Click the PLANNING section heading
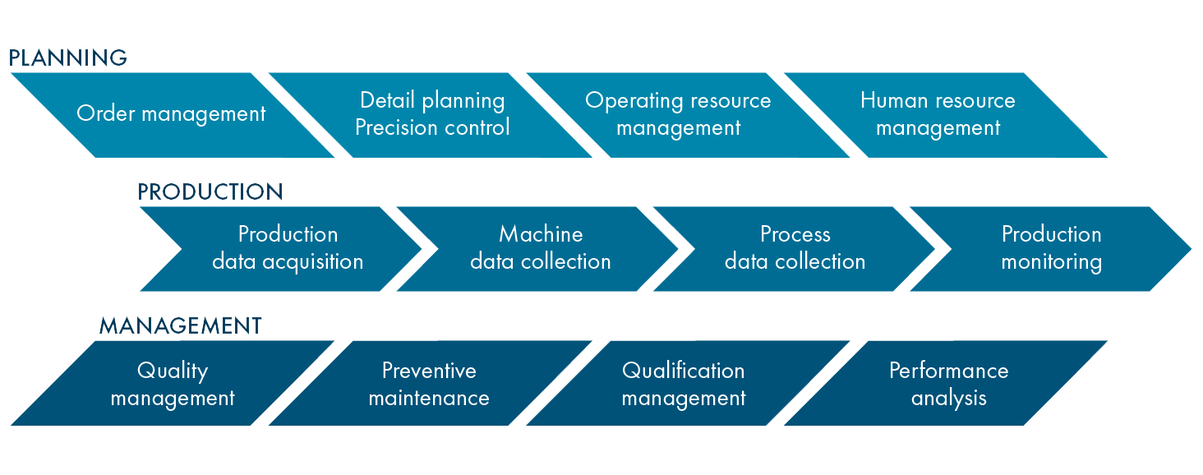click(67, 58)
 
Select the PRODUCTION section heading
click(210, 192)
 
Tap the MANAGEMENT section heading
click(180, 325)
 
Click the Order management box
click(171, 114)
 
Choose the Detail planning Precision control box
click(432, 114)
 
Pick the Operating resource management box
click(679, 114)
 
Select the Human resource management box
click(938, 114)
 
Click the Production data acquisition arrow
click(288, 248)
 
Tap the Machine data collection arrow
click(541, 248)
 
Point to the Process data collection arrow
click(795, 248)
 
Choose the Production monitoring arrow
click(1051, 248)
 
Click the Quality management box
click(173, 384)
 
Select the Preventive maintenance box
click(429, 384)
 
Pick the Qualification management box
click(684, 384)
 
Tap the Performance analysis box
click(948, 384)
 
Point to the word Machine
click(541, 234)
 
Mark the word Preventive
click(429, 371)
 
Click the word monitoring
click(1051, 262)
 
